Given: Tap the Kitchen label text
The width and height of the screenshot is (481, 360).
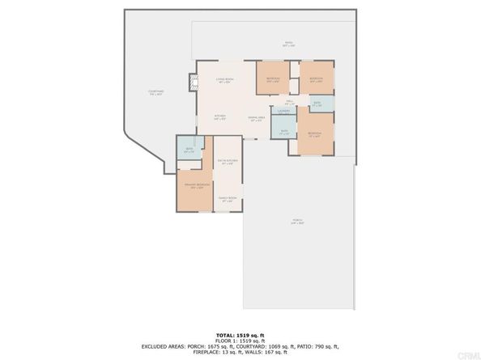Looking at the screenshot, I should [219, 117].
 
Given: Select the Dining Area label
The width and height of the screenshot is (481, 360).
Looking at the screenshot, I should [255, 119].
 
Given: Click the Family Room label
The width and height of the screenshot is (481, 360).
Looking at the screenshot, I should [228, 199].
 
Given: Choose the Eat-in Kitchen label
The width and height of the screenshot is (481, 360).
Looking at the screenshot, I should [228, 163].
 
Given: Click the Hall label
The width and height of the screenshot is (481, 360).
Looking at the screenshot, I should [288, 101].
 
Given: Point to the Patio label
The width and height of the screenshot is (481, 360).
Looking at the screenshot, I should [288, 44].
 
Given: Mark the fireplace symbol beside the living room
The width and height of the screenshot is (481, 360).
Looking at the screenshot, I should [192, 81].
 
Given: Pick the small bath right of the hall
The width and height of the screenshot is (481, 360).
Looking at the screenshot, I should [317, 104].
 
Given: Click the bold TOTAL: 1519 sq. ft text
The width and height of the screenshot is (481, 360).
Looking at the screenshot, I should [240, 334].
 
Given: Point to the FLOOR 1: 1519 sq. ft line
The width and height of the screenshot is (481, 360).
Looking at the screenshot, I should [240, 340].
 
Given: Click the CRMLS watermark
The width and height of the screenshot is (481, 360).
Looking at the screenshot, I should [466, 354].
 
